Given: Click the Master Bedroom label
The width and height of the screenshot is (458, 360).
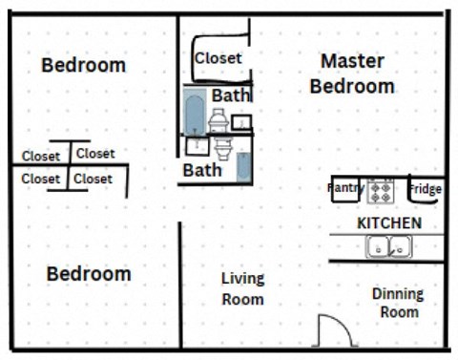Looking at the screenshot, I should (x=352, y=74).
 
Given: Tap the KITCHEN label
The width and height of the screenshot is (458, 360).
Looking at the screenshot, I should (x=388, y=222).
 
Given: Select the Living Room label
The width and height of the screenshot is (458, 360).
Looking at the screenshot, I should (x=242, y=288).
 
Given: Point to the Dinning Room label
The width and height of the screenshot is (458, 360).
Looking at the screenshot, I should (x=397, y=302).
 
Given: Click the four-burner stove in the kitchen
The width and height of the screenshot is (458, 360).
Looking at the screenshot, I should (x=381, y=190).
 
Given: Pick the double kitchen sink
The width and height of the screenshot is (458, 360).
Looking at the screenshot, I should (x=387, y=247).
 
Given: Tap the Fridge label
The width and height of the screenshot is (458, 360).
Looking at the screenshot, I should (x=425, y=189).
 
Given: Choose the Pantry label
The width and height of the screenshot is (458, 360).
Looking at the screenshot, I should (x=345, y=188).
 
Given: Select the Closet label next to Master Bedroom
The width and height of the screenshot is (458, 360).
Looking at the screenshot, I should (x=219, y=58).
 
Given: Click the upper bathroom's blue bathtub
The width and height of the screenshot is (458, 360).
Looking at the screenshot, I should (x=194, y=114).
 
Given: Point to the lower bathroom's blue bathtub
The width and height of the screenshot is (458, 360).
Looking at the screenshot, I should (x=244, y=166).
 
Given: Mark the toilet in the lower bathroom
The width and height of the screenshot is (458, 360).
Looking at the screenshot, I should (x=222, y=149).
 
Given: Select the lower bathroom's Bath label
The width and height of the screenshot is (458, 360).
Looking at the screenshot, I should (x=201, y=170).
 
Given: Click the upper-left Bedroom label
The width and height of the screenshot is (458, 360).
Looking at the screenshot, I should (x=83, y=65).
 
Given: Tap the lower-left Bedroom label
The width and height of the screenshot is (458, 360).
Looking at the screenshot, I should (x=89, y=274).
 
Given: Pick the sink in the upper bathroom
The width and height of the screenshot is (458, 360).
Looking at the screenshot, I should (x=241, y=121).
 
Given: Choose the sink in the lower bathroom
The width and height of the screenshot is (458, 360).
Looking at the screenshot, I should (x=197, y=146).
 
